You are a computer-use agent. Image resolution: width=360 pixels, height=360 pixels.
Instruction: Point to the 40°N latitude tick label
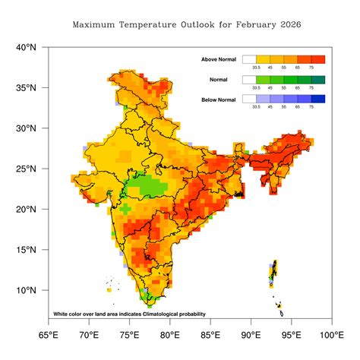26,47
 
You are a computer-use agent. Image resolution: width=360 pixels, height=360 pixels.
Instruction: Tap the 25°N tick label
26,169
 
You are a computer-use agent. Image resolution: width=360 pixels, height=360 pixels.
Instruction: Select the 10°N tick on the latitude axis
26,290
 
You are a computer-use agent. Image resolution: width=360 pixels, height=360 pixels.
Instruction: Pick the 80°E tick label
170,334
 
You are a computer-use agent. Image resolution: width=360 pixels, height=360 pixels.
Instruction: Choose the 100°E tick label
330,334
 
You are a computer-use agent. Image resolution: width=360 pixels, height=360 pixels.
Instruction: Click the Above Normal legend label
219,59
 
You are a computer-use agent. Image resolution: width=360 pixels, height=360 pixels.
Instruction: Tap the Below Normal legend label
219,99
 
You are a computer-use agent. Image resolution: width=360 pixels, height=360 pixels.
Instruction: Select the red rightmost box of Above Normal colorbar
317,59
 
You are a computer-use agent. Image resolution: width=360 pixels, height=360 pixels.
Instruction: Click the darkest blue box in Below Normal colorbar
317,99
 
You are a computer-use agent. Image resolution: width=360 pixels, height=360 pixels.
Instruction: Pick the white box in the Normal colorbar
249,79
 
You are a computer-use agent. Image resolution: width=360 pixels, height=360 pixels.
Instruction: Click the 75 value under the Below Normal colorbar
311,107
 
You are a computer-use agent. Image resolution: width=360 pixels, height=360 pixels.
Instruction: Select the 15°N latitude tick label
26,250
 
